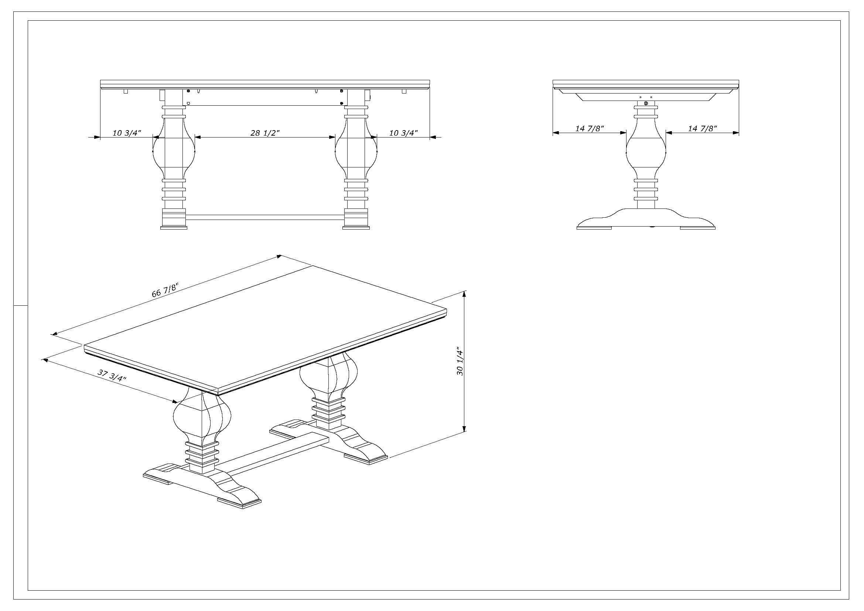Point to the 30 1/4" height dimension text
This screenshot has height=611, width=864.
(x=460, y=361)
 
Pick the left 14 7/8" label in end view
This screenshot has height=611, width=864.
(x=589, y=128)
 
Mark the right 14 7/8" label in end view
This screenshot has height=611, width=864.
(x=702, y=128)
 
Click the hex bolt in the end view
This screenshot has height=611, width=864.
(x=646, y=103)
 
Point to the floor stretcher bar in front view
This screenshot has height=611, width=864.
(x=265, y=217)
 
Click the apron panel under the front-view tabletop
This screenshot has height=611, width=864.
(x=265, y=97)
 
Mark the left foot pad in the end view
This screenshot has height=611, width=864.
(x=594, y=227)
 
